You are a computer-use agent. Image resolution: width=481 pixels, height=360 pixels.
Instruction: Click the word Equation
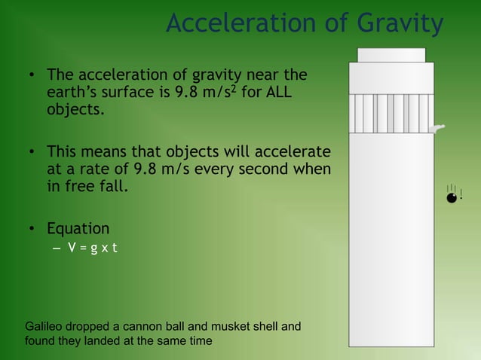[x=78, y=228]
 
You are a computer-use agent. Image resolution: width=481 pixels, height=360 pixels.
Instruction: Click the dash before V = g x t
[x=56, y=249]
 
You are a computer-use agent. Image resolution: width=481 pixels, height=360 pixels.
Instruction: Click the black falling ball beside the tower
[x=451, y=197]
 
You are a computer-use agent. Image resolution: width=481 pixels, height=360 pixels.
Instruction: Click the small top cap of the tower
[x=391, y=55]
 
